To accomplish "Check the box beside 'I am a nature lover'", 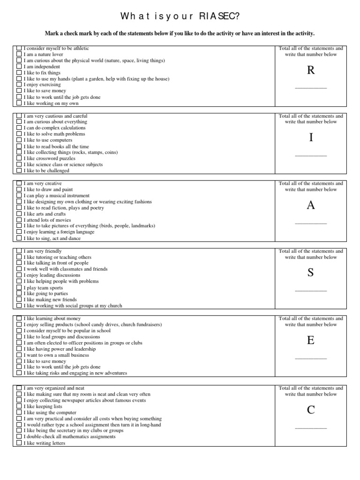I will point(19,54).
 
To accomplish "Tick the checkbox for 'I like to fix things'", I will point(19,73).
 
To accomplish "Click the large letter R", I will point(310,70).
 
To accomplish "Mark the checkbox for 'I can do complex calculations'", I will point(19,127).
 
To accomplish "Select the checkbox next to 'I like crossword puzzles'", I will point(19,158).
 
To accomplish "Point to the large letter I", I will point(310,137).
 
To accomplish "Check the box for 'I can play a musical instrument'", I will point(19,195).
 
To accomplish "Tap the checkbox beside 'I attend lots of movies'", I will point(19,220).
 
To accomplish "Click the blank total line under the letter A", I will point(310,224).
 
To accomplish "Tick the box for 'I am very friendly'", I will point(19,251).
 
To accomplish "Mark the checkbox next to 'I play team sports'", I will point(19,288).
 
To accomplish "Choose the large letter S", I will point(310,273).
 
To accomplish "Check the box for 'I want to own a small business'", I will point(19,355).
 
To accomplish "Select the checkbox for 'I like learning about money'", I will point(19,318).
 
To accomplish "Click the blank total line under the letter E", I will point(310,359).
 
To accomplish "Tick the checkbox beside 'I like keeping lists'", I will point(19,406).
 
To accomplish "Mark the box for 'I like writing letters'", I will point(19,443).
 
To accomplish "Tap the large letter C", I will point(310,410).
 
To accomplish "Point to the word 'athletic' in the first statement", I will point(79,48).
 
